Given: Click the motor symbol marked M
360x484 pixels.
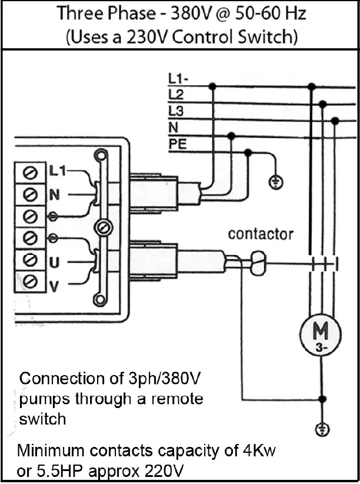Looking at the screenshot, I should (x=321, y=337).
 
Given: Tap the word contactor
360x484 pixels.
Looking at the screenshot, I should (x=261, y=234).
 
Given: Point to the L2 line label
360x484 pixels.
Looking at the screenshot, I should (x=176, y=94).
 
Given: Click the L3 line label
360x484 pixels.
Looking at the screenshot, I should (x=176, y=110).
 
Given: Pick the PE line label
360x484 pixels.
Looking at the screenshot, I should (x=178, y=143).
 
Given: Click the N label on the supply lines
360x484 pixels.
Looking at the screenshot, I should (x=174, y=127).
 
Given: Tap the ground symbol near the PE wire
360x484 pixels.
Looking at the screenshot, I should (x=274, y=182).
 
